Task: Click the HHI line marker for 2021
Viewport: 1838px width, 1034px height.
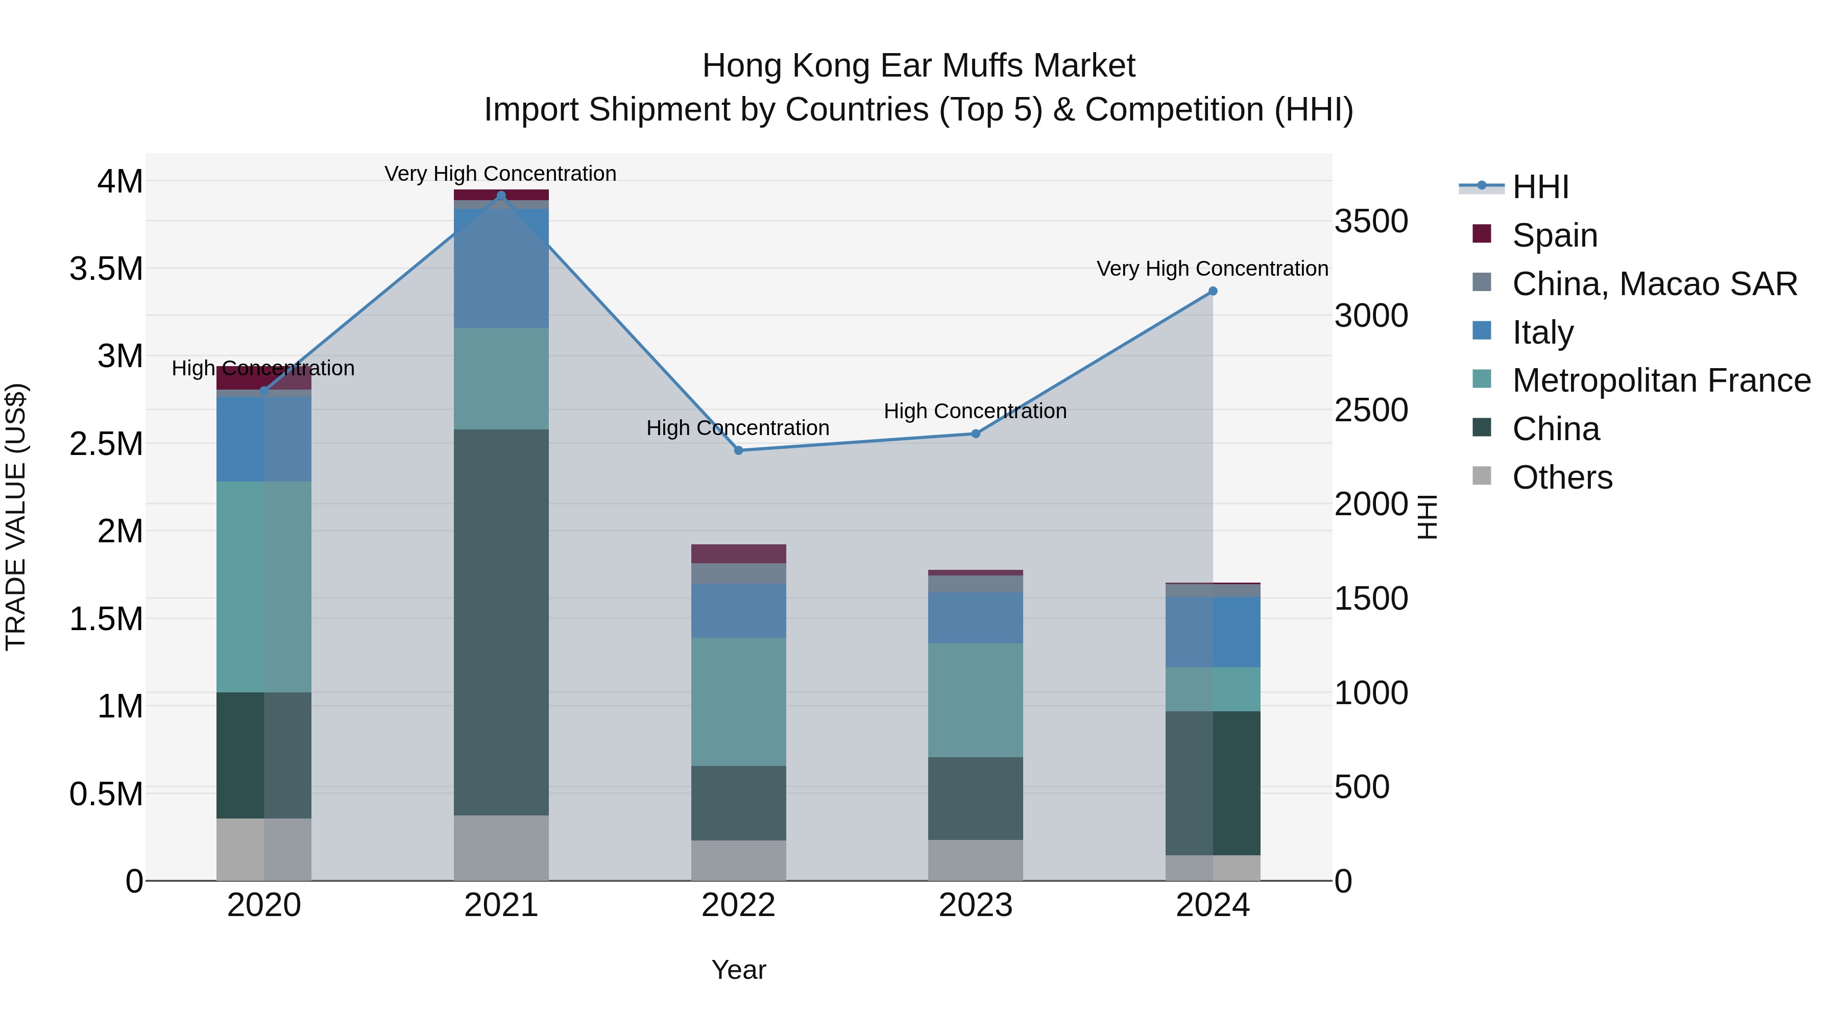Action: tap(501, 196)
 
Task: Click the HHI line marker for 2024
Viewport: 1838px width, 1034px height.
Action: tap(1212, 291)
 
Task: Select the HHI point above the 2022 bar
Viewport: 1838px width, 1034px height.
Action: tap(738, 450)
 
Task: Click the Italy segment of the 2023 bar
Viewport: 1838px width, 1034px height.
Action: tap(975, 617)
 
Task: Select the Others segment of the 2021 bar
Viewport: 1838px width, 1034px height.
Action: tap(501, 847)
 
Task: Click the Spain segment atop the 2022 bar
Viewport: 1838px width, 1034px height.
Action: tap(738, 554)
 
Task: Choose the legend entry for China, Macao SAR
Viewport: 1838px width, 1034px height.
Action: tap(1653, 284)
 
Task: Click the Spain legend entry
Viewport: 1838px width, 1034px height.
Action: tap(1554, 235)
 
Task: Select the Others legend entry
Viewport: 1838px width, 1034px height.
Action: tap(1561, 477)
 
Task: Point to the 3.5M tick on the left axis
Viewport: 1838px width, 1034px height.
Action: tap(106, 269)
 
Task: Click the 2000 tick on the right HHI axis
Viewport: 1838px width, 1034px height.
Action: tap(1371, 504)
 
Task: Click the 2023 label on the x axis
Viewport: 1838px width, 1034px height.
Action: tap(975, 905)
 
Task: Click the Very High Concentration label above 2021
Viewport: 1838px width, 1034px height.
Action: tap(500, 174)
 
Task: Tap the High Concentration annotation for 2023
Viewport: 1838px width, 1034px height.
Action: tap(975, 411)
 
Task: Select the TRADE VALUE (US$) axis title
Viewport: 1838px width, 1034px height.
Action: tap(16, 517)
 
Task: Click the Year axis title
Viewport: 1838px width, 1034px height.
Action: tap(738, 970)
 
